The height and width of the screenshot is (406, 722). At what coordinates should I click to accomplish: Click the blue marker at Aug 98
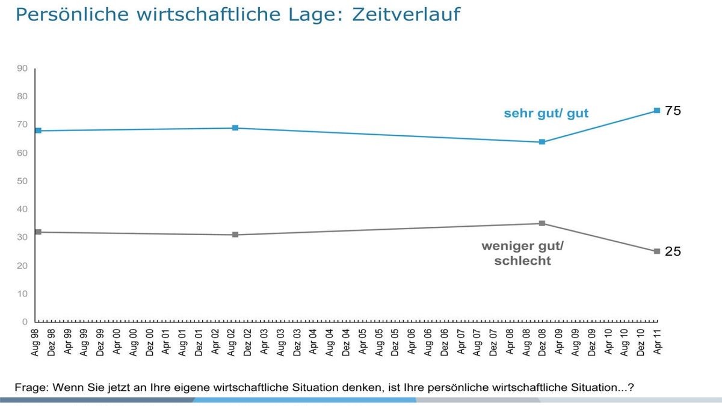click(37, 131)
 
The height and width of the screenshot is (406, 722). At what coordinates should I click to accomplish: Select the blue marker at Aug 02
click(235, 128)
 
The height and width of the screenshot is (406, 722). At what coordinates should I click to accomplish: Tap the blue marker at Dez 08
click(542, 142)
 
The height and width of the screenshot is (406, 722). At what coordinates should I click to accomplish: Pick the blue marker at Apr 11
click(657, 111)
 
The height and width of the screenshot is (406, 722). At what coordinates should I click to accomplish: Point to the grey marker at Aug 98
click(37, 232)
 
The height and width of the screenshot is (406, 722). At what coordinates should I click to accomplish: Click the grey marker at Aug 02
click(235, 235)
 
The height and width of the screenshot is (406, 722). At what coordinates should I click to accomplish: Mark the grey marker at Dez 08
click(542, 223)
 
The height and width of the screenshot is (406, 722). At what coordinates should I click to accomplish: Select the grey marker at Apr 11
click(657, 251)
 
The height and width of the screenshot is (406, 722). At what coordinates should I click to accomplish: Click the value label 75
click(673, 111)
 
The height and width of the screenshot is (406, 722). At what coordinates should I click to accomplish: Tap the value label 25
click(673, 251)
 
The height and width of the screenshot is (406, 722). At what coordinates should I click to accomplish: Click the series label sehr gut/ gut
click(546, 113)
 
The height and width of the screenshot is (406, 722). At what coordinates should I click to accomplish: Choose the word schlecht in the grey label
click(522, 262)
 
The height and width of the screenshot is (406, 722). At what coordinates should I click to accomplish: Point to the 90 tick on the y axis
click(22, 69)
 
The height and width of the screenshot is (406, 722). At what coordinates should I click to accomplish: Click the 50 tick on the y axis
click(22, 181)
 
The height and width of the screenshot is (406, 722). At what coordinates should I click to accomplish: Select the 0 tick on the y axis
click(24, 322)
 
